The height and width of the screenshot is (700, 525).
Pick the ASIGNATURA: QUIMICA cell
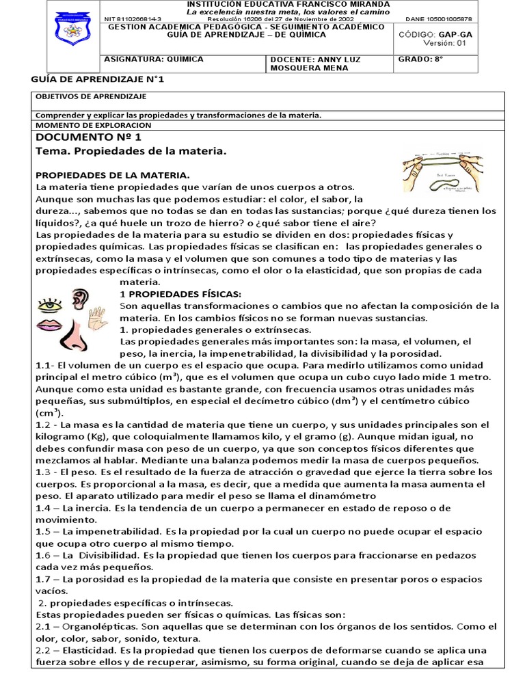click(153, 59)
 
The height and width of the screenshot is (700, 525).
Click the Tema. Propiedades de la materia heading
click(130, 150)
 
